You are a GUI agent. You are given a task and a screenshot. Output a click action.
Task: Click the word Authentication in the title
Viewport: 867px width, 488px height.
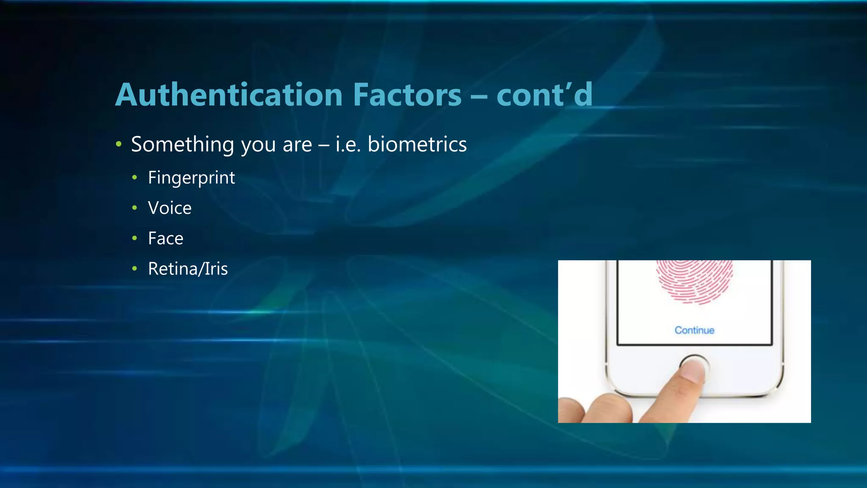229,95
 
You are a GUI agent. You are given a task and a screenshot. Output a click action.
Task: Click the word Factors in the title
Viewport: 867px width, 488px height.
407,95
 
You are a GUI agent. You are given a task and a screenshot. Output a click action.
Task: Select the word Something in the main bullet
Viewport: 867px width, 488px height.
182,144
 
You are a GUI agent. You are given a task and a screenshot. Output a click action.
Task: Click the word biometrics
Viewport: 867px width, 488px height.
417,144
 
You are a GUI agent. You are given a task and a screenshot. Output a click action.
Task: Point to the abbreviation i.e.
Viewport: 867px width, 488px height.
348,144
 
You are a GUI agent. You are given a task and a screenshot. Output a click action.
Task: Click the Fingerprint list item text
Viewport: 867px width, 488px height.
191,178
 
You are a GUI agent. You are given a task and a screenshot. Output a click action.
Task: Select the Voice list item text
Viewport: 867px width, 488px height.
170,208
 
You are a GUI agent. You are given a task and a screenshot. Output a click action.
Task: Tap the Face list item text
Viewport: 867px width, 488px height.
166,238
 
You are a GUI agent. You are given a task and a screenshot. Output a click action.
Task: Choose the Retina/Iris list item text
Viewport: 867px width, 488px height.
188,269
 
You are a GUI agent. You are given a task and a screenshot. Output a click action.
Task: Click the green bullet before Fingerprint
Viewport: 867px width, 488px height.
135,177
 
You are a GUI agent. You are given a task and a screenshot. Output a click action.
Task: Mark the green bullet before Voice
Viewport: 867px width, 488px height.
135,208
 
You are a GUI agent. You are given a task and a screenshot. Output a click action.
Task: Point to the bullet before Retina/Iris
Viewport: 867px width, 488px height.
135,269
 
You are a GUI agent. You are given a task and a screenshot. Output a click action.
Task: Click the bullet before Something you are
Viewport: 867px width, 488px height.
119,144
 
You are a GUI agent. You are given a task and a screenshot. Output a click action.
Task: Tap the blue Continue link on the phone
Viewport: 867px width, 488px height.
694,330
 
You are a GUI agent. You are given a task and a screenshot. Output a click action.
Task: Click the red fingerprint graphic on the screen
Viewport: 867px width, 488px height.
694,280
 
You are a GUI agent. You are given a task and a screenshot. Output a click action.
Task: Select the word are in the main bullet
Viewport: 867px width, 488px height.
297,144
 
